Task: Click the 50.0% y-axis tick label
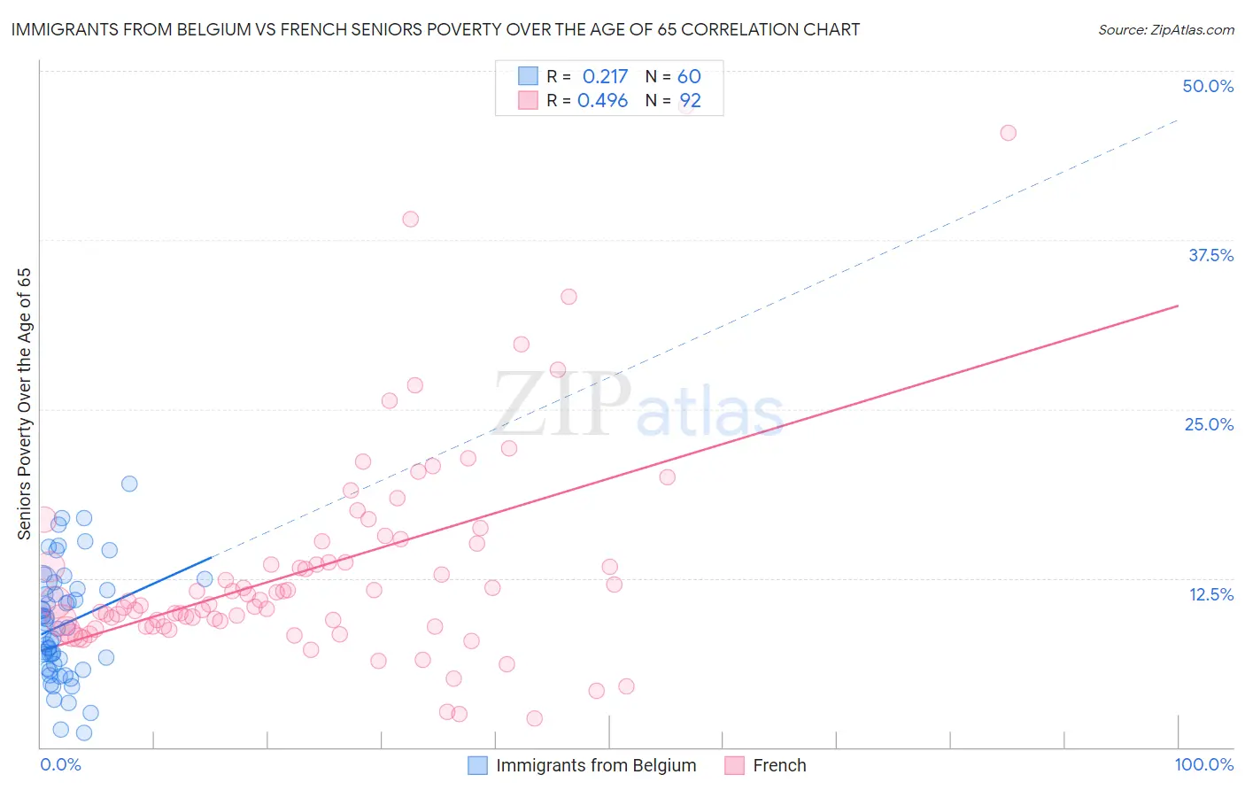(x=1208, y=86)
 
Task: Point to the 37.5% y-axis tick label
(x=1210, y=255)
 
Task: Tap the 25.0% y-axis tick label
(x=1209, y=424)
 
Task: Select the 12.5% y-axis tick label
(x=1210, y=594)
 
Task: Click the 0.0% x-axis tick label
(x=60, y=765)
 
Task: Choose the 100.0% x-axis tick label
(x=1204, y=765)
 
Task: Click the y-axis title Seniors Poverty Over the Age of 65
(x=24, y=404)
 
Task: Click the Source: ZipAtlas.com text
(x=1165, y=29)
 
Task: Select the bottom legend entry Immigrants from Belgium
(x=596, y=765)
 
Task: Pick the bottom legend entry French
(x=779, y=765)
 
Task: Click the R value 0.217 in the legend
(x=605, y=77)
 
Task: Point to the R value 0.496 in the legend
(x=602, y=101)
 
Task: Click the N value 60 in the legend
(x=689, y=77)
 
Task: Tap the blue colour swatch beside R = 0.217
(x=529, y=76)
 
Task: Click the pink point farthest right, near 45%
(x=1008, y=133)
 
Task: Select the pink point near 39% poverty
(x=410, y=219)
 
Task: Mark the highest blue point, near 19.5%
(x=129, y=484)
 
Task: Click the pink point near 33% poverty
(x=568, y=297)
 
